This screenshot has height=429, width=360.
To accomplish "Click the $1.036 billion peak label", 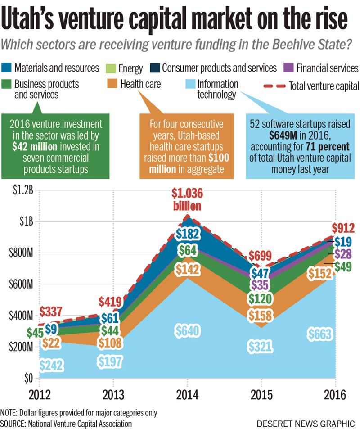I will click(187, 200).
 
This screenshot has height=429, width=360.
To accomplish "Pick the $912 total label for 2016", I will click(344, 228).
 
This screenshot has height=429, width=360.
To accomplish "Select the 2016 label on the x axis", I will click(335, 395).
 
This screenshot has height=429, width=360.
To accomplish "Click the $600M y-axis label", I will click(19, 284).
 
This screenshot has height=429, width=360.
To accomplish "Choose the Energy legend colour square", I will click(110, 68).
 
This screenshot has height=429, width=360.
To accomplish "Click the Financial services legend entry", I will click(323, 68).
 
